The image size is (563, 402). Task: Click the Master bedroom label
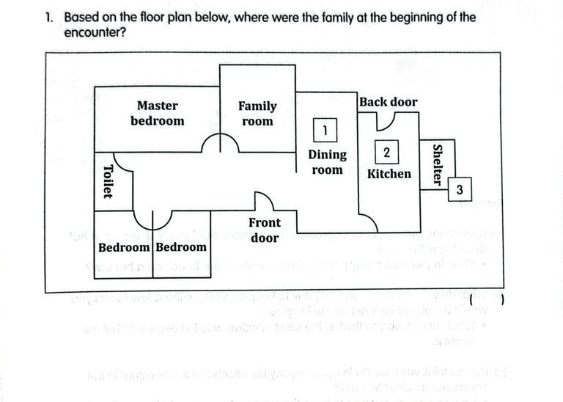click(158, 114)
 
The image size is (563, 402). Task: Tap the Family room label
click(257, 114)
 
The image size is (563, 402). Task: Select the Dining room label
click(327, 162)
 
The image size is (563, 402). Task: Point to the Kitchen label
click(389, 174)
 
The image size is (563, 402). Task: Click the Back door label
click(389, 102)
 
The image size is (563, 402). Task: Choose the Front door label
click(264, 230)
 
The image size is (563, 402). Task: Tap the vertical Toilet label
click(107, 180)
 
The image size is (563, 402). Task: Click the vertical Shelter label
click(438, 165)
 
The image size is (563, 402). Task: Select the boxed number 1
click(324, 131)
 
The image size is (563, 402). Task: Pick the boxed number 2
click(386, 152)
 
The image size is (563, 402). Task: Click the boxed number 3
click(459, 190)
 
